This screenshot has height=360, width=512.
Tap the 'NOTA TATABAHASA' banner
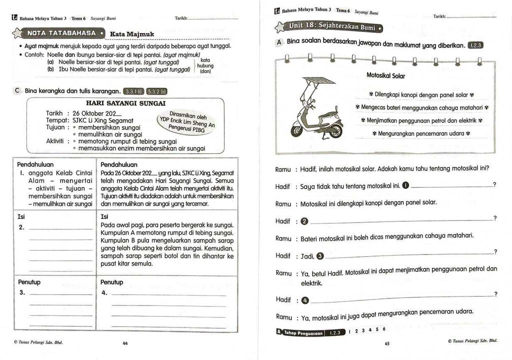tap(61, 33)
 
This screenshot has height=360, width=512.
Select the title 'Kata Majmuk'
tap(132, 34)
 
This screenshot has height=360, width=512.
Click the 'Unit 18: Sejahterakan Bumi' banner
tap(330, 26)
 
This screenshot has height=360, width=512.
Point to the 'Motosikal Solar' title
tap(385, 76)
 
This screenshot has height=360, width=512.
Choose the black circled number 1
tap(405, 186)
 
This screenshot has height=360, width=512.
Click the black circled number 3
tap(320, 256)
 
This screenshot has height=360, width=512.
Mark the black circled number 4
tap(305, 300)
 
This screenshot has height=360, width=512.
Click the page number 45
tap(386, 343)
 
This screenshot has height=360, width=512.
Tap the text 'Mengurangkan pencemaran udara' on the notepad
tap(421, 133)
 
